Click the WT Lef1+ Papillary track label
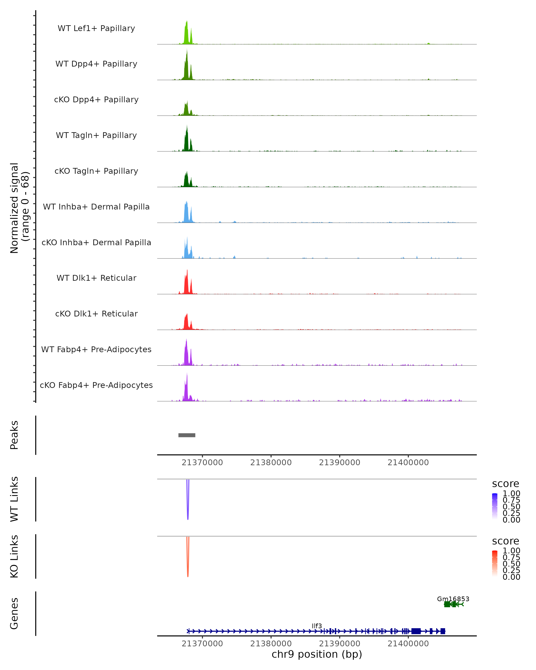[96, 28]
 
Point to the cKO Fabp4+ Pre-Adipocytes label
[96, 385]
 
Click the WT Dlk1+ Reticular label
[96, 278]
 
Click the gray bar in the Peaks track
[187, 435]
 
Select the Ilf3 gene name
[317, 626]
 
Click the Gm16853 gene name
[453, 599]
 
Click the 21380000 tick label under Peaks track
[271, 463]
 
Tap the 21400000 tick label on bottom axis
[408, 644]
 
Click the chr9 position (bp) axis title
[317, 654]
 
